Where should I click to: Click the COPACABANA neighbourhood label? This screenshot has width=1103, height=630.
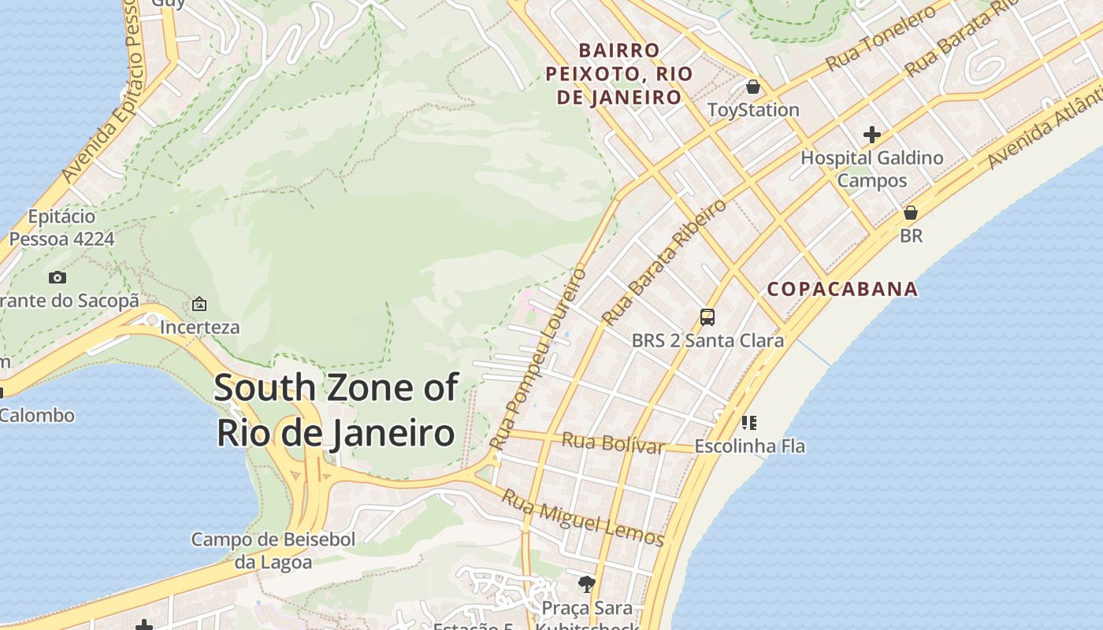[842, 289]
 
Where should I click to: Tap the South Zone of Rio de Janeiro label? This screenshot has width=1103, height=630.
[336, 410]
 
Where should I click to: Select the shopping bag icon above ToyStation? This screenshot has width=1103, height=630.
[753, 87]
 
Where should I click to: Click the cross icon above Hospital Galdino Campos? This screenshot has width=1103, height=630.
[872, 135]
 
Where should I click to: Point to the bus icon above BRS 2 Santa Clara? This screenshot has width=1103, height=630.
[707, 317]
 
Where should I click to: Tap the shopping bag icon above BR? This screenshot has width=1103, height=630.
[911, 213]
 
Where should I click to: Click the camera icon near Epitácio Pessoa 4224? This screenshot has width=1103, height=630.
[57, 277]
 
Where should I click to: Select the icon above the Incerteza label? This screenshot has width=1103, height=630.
[199, 304]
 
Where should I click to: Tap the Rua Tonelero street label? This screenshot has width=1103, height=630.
[881, 38]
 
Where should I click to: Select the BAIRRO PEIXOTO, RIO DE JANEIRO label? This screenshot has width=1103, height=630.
[619, 74]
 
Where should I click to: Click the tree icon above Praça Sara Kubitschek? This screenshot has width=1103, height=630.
[586, 584]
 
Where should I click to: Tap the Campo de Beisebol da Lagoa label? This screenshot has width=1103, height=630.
[273, 550]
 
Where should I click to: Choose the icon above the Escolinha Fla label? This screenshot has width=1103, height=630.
[749, 423]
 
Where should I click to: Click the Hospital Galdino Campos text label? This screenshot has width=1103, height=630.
[872, 169]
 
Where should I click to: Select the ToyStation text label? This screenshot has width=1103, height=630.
[753, 109]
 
